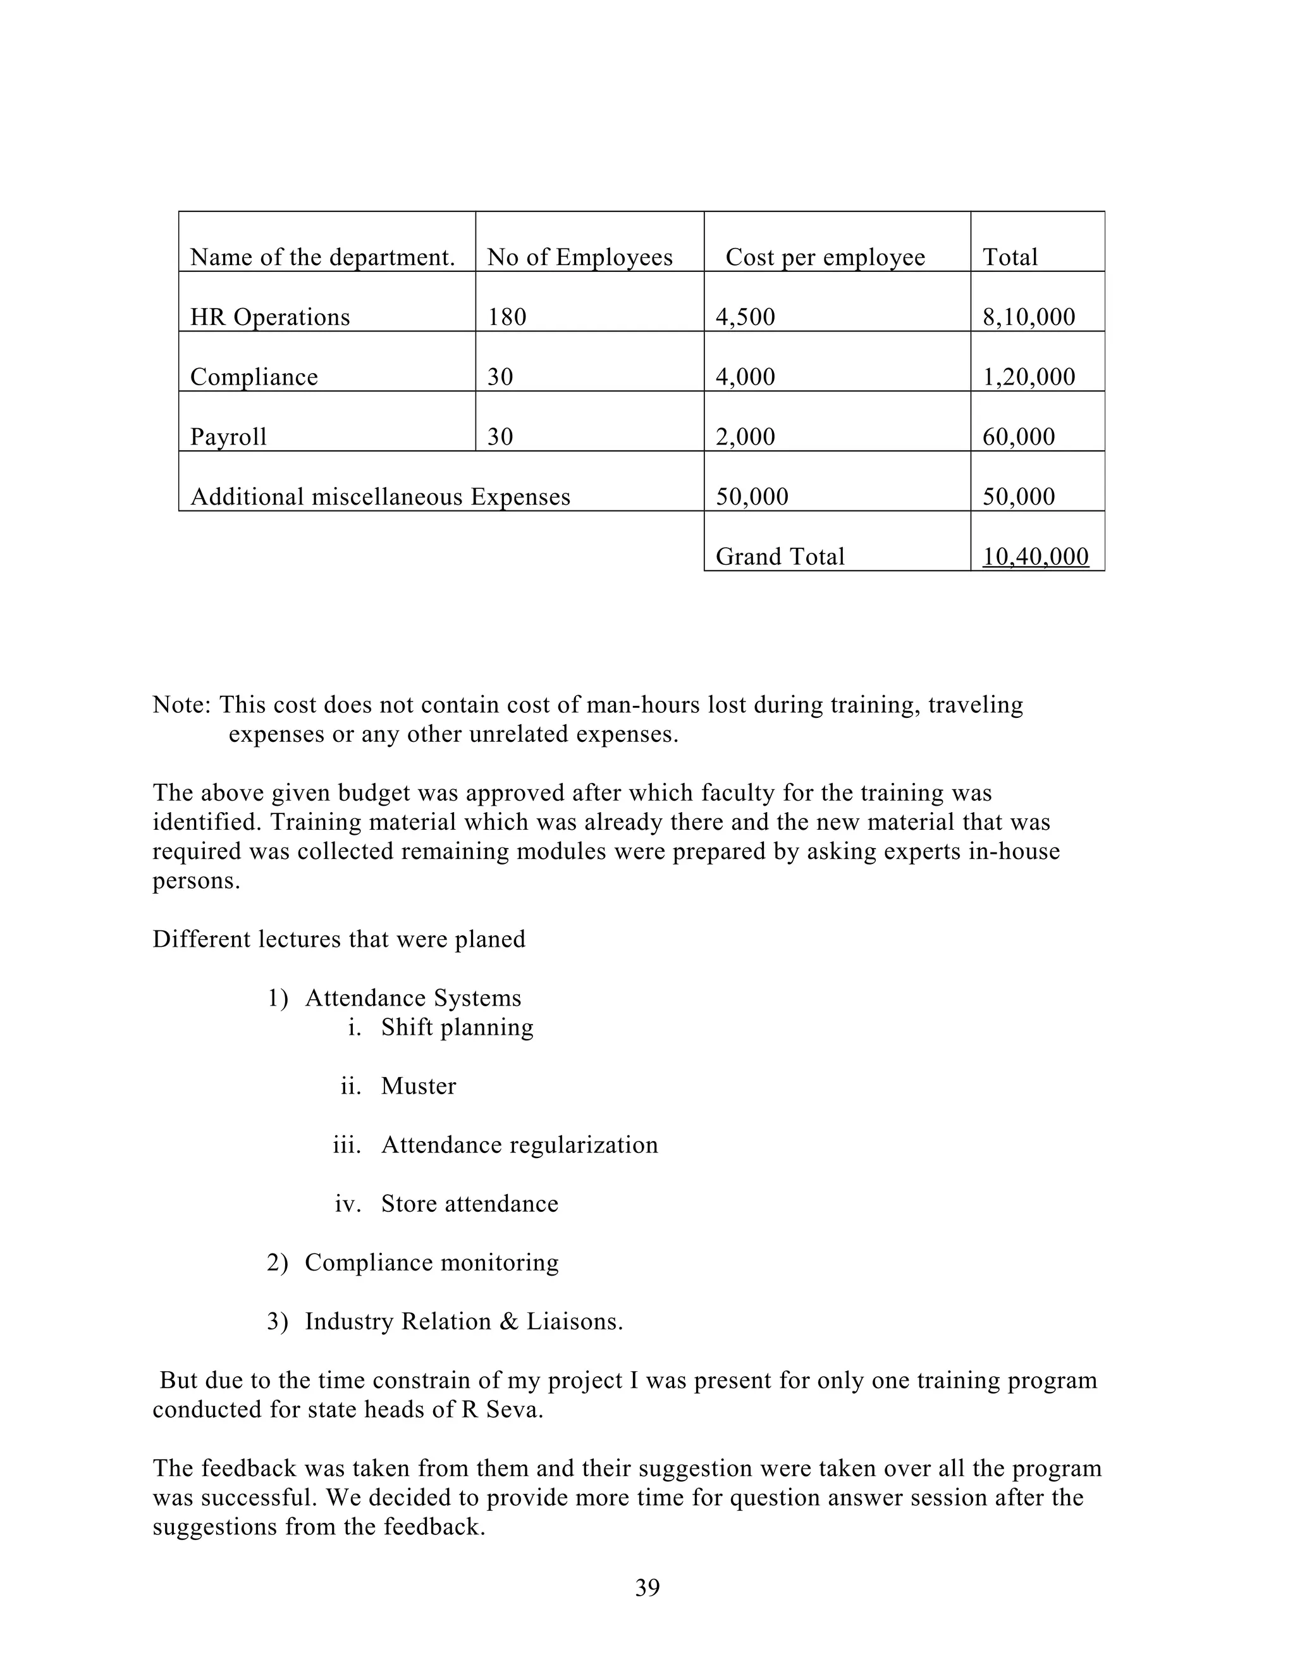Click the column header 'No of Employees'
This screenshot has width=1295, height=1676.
tap(579, 257)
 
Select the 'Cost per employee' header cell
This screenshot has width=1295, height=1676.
tap(825, 257)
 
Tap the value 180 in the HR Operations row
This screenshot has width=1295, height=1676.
tap(507, 317)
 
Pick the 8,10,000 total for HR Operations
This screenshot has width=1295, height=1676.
tap(1028, 317)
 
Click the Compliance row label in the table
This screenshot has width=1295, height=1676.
tap(254, 377)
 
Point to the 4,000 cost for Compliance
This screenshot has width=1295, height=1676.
tap(745, 377)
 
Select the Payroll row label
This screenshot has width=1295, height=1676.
tap(229, 436)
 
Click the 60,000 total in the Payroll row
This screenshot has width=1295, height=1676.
tap(1018, 436)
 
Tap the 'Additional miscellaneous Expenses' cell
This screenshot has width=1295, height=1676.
tap(380, 496)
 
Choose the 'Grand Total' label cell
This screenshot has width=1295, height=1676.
tap(780, 557)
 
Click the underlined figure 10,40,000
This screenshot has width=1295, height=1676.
tap(1035, 557)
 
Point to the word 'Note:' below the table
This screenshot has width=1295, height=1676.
tap(181, 705)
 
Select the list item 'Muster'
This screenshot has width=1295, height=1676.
tap(418, 1086)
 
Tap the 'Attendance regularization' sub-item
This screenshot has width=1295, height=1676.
tap(519, 1144)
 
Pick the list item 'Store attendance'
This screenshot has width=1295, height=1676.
tap(470, 1204)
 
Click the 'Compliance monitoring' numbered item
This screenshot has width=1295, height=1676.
tap(431, 1262)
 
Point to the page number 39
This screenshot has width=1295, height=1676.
tap(647, 1587)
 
